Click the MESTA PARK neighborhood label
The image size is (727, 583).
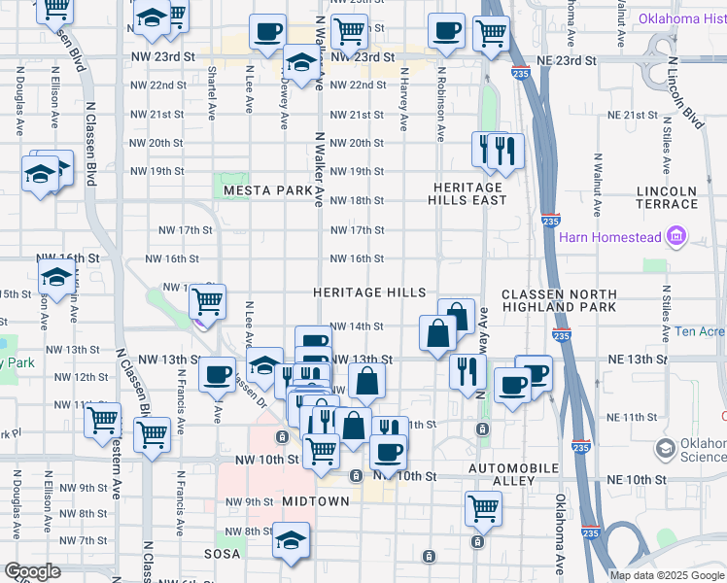pyautogui.click(x=266, y=191)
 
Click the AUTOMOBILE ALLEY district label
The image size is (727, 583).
pyautogui.click(x=514, y=474)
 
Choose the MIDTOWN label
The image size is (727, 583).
pyautogui.click(x=315, y=500)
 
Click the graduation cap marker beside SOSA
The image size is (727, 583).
pyautogui.click(x=291, y=540)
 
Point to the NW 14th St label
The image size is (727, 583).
pyautogui.click(x=357, y=326)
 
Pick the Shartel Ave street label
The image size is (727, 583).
pyautogui.click(x=212, y=93)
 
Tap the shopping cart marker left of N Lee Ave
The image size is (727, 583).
pyautogui.click(x=207, y=302)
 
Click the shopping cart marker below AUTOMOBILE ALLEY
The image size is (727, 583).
pyautogui.click(x=483, y=507)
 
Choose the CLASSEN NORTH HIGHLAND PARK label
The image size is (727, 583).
pyautogui.click(x=558, y=300)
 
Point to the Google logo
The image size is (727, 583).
pyautogui.click(x=32, y=571)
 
